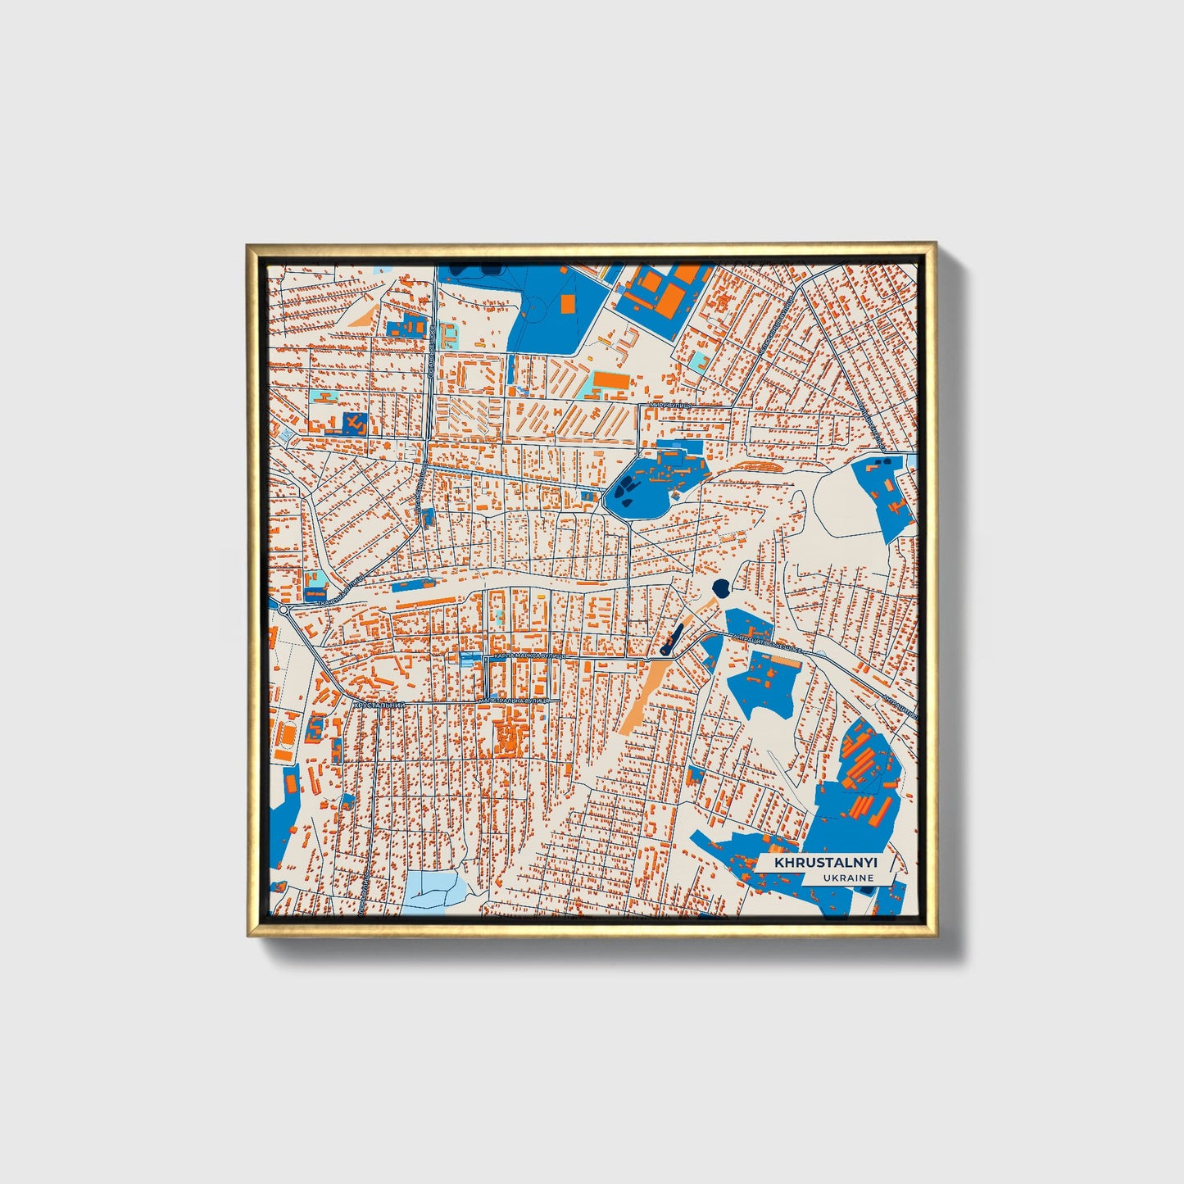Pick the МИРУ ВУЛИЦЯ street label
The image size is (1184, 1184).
[x=669, y=405]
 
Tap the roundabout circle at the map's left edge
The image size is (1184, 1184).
[x=284, y=610]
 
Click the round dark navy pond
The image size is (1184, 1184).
[x=721, y=587]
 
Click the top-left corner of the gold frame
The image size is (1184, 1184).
[x=247, y=245]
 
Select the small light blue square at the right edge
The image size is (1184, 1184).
[x=911, y=461]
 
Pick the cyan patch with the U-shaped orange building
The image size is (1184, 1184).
[x=323, y=397]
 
